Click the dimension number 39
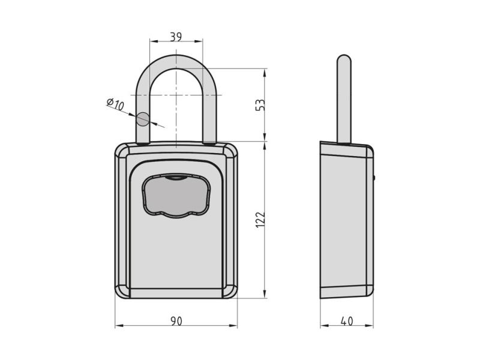coord(176,37)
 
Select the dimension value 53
coord(260,104)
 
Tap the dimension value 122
coord(260,219)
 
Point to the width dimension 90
coord(176,321)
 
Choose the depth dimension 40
coord(347,321)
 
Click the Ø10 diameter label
coord(115,104)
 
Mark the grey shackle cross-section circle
coord(142,119)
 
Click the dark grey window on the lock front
coord(176,196)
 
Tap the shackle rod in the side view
coord(344,98)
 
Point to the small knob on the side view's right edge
coord(374,177)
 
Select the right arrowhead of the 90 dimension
coord(233,326)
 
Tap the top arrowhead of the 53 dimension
coord(265,73)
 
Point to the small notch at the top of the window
coord(176,177)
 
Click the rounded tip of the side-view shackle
coord(344,58)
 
